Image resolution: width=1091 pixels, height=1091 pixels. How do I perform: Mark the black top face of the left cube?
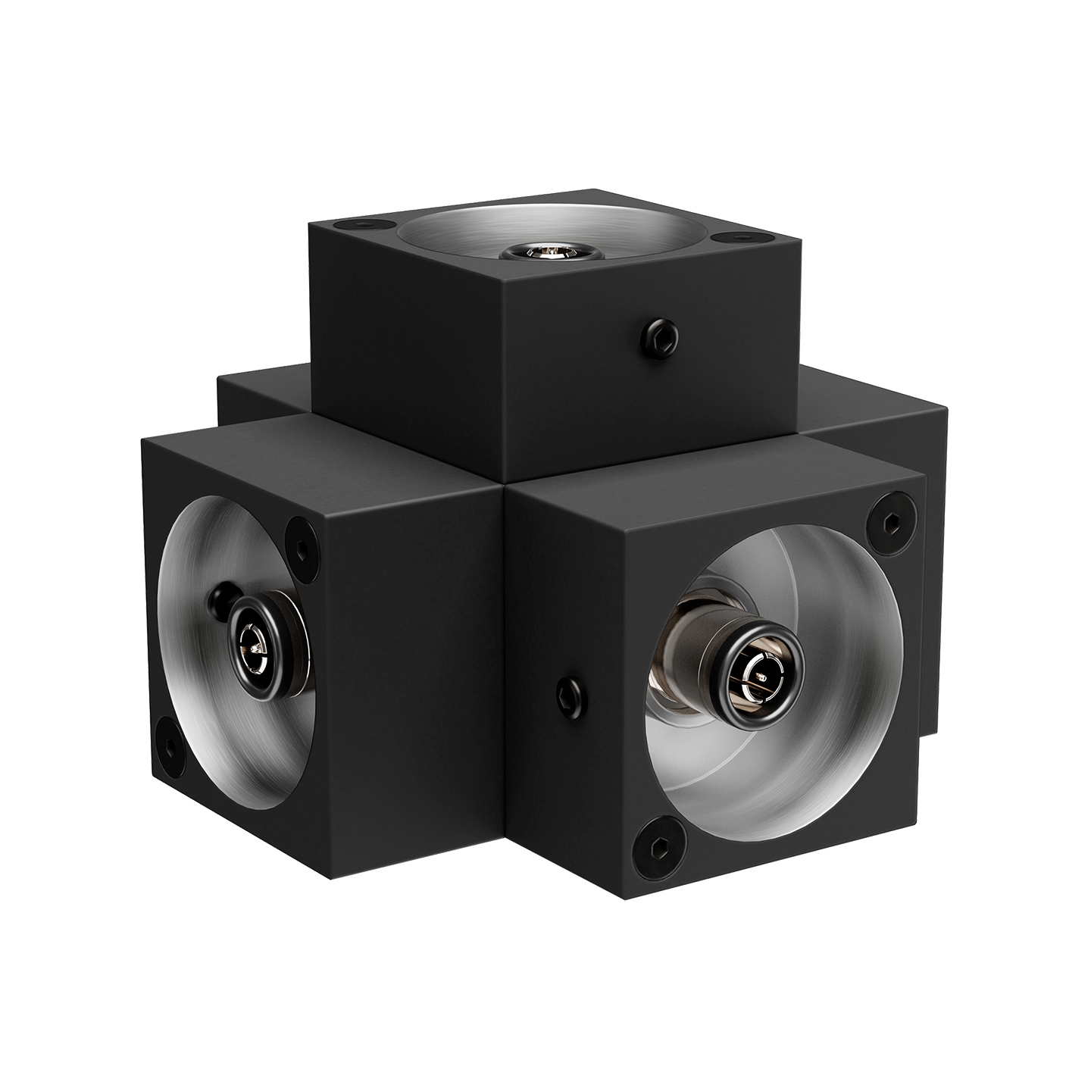point(318,447)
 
